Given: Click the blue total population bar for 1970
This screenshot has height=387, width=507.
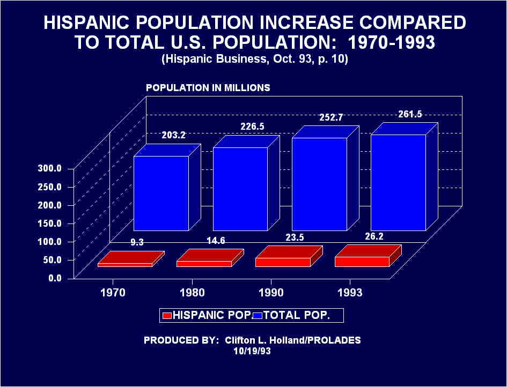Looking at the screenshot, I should point(160,193).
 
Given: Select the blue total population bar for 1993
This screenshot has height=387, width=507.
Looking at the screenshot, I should point(398,182).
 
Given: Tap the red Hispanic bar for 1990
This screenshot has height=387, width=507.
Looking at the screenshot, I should point(283,262).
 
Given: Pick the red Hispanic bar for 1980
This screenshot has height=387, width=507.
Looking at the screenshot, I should point(204,263).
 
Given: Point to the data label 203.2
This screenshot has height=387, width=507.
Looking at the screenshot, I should point(173,135).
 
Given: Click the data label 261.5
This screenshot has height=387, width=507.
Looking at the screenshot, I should point(410,114).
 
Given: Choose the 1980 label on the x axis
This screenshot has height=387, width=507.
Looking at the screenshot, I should point(192,293).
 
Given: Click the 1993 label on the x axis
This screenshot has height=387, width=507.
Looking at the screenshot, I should point(350,293).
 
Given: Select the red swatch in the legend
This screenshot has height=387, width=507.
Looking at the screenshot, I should point(166,316).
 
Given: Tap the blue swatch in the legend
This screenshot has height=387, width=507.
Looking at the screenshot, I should point(257,316).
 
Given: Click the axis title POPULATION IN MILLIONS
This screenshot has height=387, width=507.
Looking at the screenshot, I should point(208,87).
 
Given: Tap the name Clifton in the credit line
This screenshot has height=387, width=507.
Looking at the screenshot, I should point(243,340).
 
